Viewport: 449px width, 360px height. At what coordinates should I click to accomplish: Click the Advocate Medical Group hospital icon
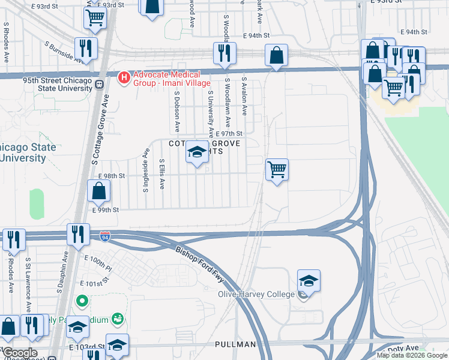click(124, 77)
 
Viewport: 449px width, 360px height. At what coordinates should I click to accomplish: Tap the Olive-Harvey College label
click(256, 294)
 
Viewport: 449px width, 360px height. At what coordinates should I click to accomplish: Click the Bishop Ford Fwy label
click(200, 265)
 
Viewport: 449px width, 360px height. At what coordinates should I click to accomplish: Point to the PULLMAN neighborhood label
click(235, 344)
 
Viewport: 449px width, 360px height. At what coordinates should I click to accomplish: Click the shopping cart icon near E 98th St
click(277, 170)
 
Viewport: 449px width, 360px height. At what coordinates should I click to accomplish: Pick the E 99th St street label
click(106, 210)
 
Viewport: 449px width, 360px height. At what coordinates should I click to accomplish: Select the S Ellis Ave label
click(162, 174)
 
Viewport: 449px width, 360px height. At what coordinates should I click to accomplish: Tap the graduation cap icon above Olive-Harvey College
click(309, 280)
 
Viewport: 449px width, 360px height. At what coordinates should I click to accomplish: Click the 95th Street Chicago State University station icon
click(97, 85)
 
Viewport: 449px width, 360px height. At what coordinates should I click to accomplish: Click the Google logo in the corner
click(20, 353)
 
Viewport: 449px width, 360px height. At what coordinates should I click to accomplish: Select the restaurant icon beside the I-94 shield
click(79, 234)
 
